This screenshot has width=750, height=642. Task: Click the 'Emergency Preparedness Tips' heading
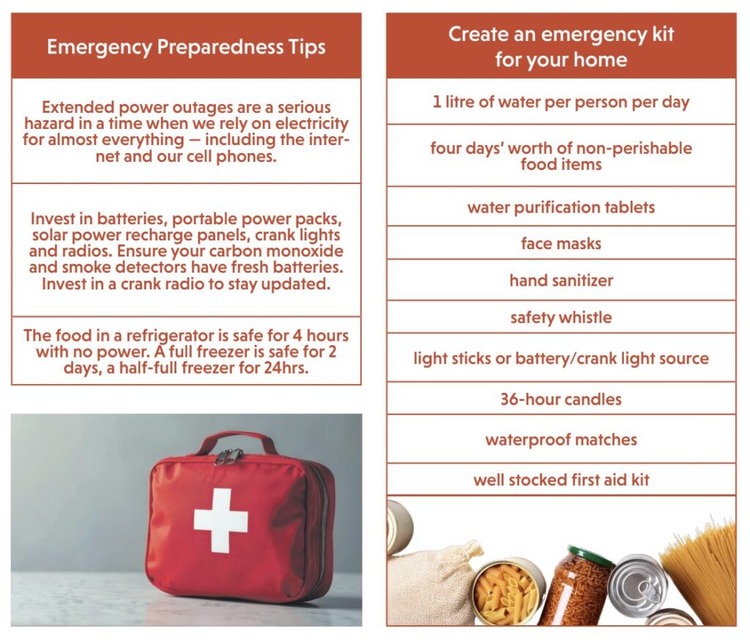pyautogui.click(x=186, y=48)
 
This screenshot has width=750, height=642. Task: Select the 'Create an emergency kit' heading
pyautogui.click(x=561, y=46)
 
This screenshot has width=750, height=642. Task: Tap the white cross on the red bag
pyautogui.click(x=220, y=520)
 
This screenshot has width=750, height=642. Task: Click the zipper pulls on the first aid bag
pyautogui.click(x=228, y=457)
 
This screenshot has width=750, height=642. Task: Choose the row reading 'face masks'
pyautogui.click(x=561, y=243)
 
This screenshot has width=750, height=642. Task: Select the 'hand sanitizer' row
pyautogui.click(x=561, y=281)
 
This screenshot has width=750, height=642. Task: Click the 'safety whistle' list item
pyautogui.click(x=561, y=318)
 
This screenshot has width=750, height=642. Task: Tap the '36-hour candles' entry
pyautogui.click(x=561, y=399)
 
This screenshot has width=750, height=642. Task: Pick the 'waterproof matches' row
pyautogui.click(x=561, y=440)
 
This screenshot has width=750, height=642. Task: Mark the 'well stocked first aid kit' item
pyautogui.click(x=561, y=480)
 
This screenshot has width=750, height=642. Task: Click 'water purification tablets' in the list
pyautogui.click(x=561, y=207)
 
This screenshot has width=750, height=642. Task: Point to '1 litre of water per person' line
pyautogui.click(x=561, y=102)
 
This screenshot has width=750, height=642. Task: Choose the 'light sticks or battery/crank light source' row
pyautogui.click(x=561, y=359)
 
